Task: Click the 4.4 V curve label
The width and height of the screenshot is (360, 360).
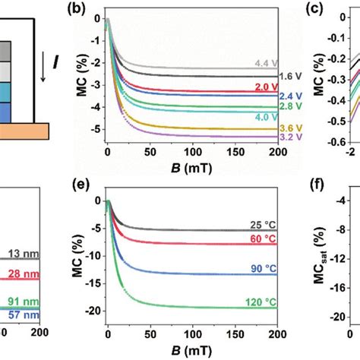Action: (266, 63)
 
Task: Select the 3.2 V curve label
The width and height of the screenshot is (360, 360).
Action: (291, 137)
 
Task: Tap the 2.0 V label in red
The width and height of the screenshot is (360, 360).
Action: (266, 87)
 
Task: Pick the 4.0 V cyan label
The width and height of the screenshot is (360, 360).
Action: (266, 117)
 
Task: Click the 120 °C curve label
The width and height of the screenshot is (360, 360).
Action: (261, 302)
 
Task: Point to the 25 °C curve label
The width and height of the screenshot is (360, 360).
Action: (263, 225)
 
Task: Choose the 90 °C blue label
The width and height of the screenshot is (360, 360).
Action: (264, 269)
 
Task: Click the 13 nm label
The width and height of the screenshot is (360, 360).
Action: (24, 254)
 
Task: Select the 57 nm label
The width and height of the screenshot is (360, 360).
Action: (24, 315)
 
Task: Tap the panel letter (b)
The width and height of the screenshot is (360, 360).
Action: (76, 8)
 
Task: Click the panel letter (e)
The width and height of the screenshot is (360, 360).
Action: (81, 185)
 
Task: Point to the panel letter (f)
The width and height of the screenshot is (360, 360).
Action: (317, 185)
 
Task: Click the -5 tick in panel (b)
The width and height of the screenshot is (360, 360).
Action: (95, 130)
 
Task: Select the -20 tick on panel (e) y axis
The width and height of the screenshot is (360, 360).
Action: (93, 311)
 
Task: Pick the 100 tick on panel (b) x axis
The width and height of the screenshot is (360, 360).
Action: (193, 152)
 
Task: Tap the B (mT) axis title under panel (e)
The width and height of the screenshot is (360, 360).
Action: (191, 351)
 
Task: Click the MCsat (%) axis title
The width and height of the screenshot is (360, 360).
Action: (320, 255)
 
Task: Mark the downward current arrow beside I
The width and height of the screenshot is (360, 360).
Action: (43, 67)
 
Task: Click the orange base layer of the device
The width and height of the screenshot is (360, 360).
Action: (24, 131)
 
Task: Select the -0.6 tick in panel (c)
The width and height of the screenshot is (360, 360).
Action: (337, 143)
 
